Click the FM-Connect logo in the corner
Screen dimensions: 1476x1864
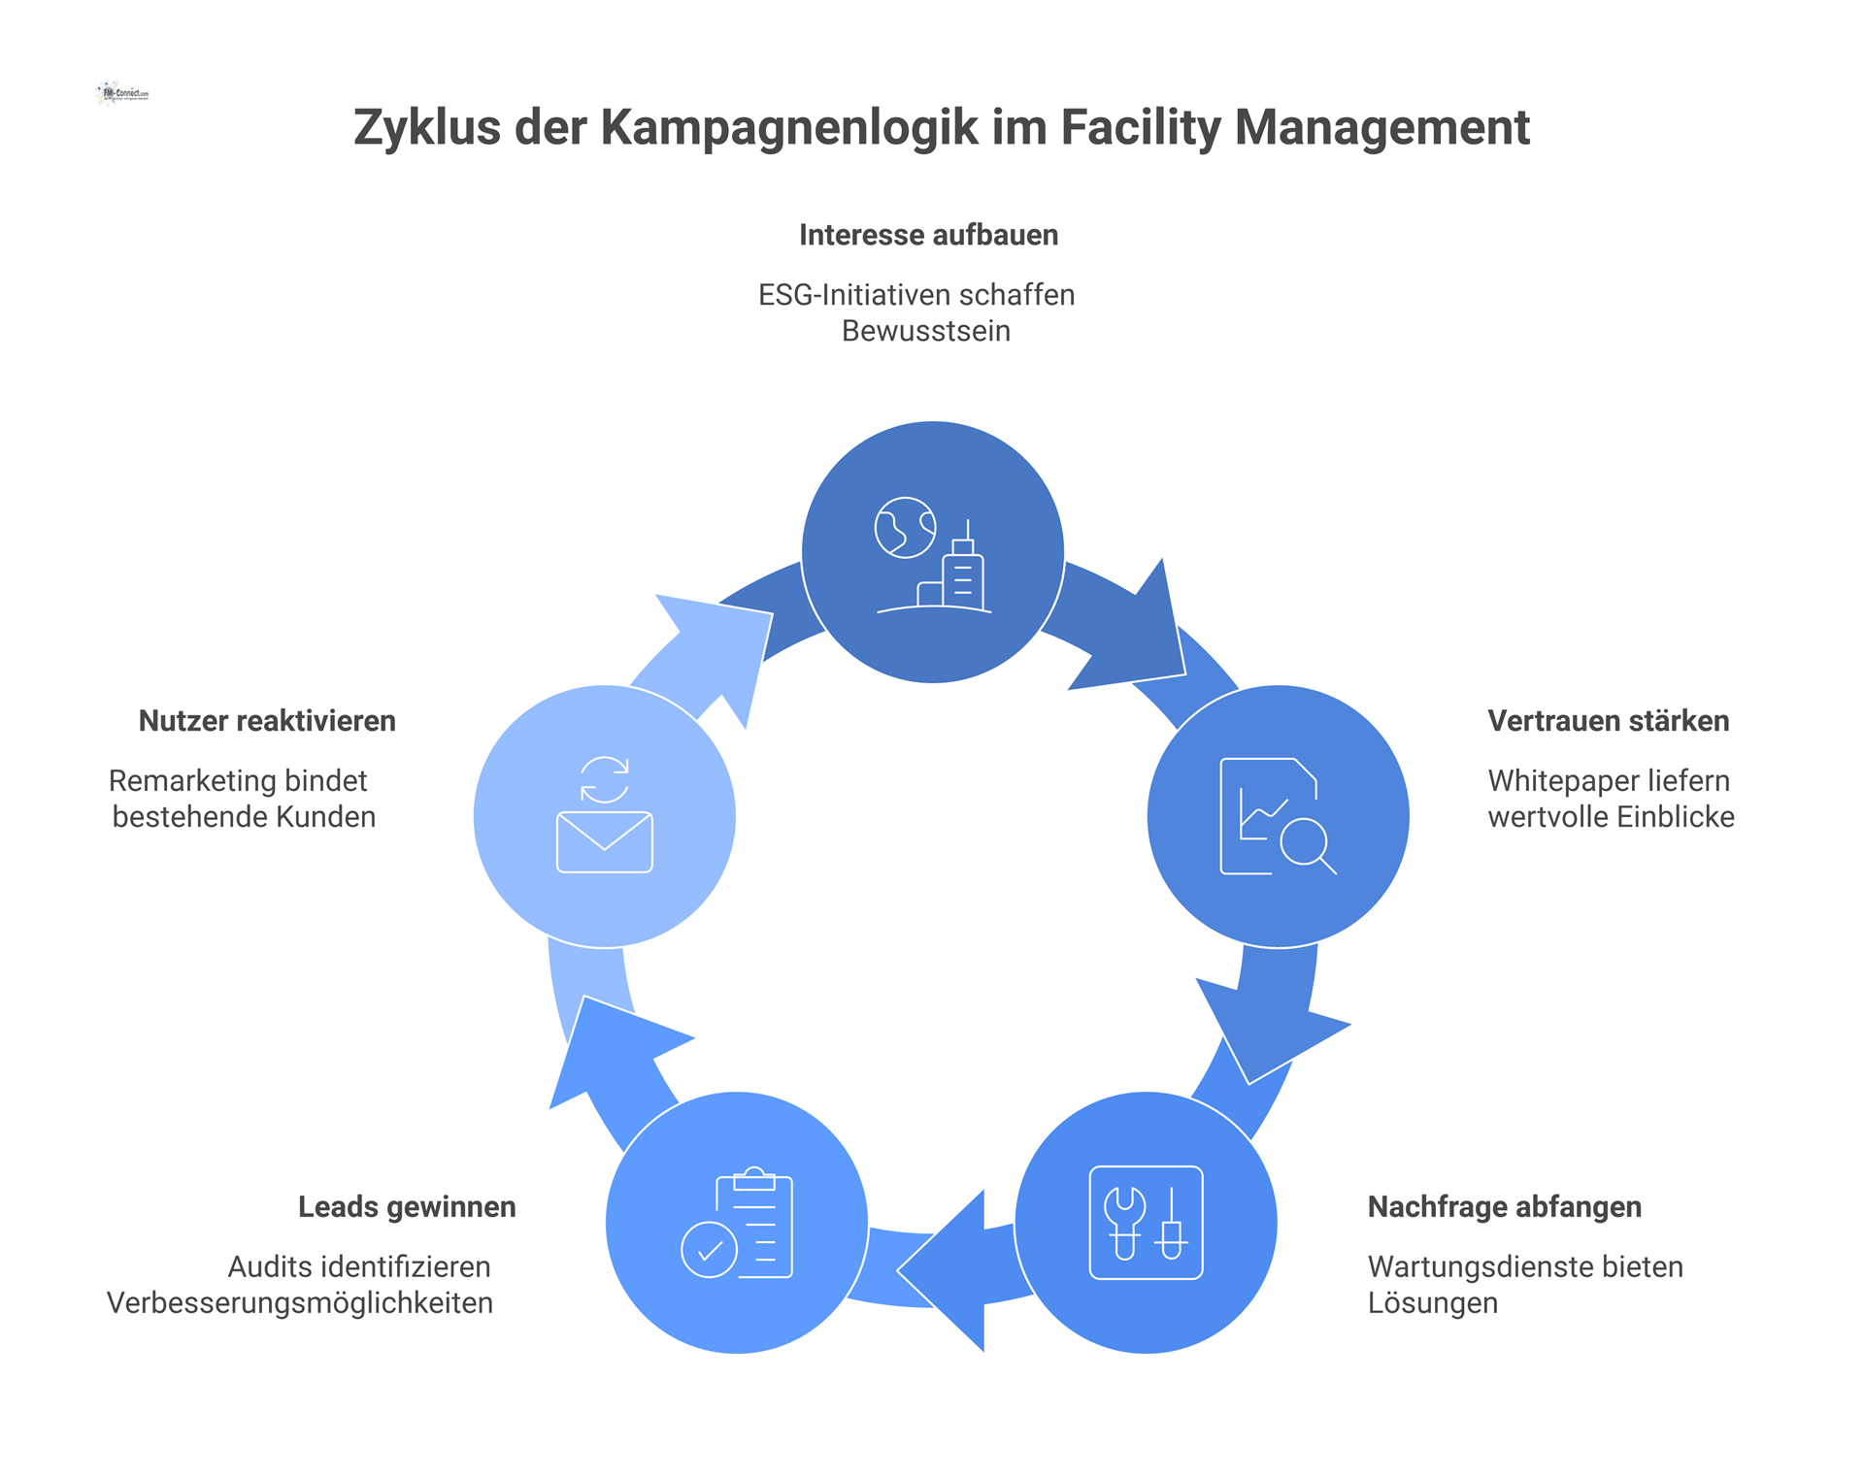pos(124,93)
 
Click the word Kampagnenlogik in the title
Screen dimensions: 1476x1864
pos(789,128)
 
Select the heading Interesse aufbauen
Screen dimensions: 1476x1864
pos(928,235)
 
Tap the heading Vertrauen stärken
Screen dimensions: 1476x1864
pos(1608,721)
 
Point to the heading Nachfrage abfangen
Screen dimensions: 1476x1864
pos(1504,1207)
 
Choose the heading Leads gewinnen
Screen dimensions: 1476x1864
pos(407,1207)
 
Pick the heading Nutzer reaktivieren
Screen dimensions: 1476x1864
pos(267,721)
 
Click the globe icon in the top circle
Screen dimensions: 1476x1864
pos(905,528)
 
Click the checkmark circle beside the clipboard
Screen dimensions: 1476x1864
pos(709,1250)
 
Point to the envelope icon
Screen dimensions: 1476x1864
pos(604,841)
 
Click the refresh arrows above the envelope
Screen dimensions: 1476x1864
pos(604,779)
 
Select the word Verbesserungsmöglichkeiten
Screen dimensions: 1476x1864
pos(300,1303)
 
